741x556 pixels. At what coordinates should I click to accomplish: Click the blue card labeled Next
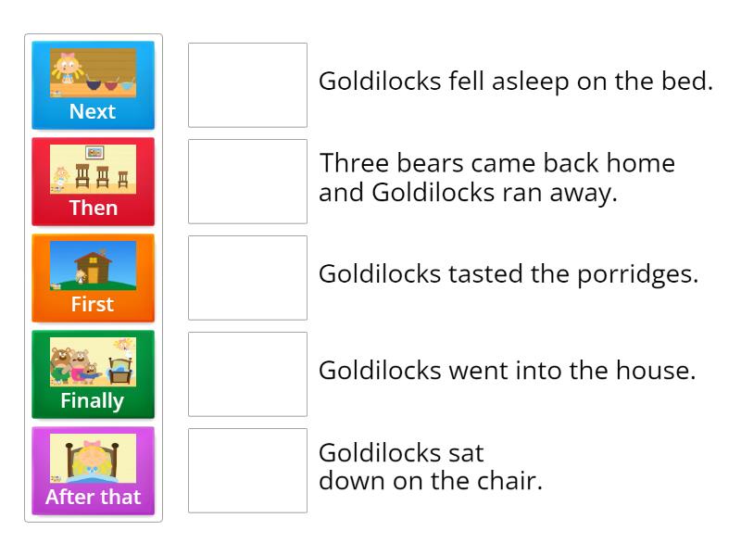pyautogui.click(x=93, y=85)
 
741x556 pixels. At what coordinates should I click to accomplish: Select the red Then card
pyautogui.click(x=93, y=182)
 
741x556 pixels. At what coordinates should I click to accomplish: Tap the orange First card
pyautogui.click(x=93, y=278)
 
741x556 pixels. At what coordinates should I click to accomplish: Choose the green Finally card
pyautogui.click(x=93, y=374)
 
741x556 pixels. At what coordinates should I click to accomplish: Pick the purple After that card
pyautogui.click(x=93, y=471)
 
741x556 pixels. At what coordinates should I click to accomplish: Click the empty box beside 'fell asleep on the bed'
pyautogui.click(x=247, y=85)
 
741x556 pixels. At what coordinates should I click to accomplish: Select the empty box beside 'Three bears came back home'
pyautogui.click(x=247, y=182)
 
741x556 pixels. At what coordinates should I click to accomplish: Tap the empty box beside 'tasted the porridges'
pyautogui.click(x=247, y=278)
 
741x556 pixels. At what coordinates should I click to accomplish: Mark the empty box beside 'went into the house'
pyautogui.click(x=247, y=374)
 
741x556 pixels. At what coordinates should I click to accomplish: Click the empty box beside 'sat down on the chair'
pyautogui.click(x=247, y=471)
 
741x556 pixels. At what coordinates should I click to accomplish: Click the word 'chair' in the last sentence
pyautogui.click(x=509, y=482)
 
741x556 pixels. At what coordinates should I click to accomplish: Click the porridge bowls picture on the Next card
pyautogui.click(x=93, y=73)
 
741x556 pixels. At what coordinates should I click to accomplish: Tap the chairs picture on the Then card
pyautogui.click(x=93, y=170)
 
